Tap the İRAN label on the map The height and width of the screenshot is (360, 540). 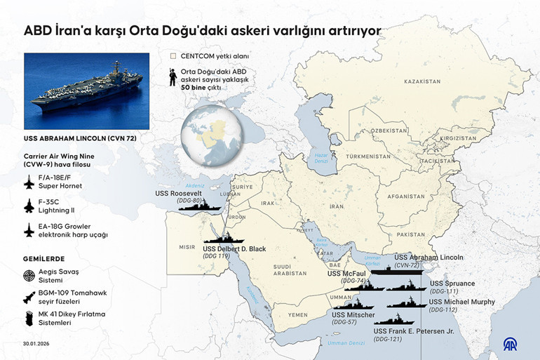point(338,207)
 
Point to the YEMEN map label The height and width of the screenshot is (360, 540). point(297,315)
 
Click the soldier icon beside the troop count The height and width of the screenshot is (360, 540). point(172,76)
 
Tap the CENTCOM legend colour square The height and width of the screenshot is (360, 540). point(173,55)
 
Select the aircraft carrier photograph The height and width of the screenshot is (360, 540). point(86,91)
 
